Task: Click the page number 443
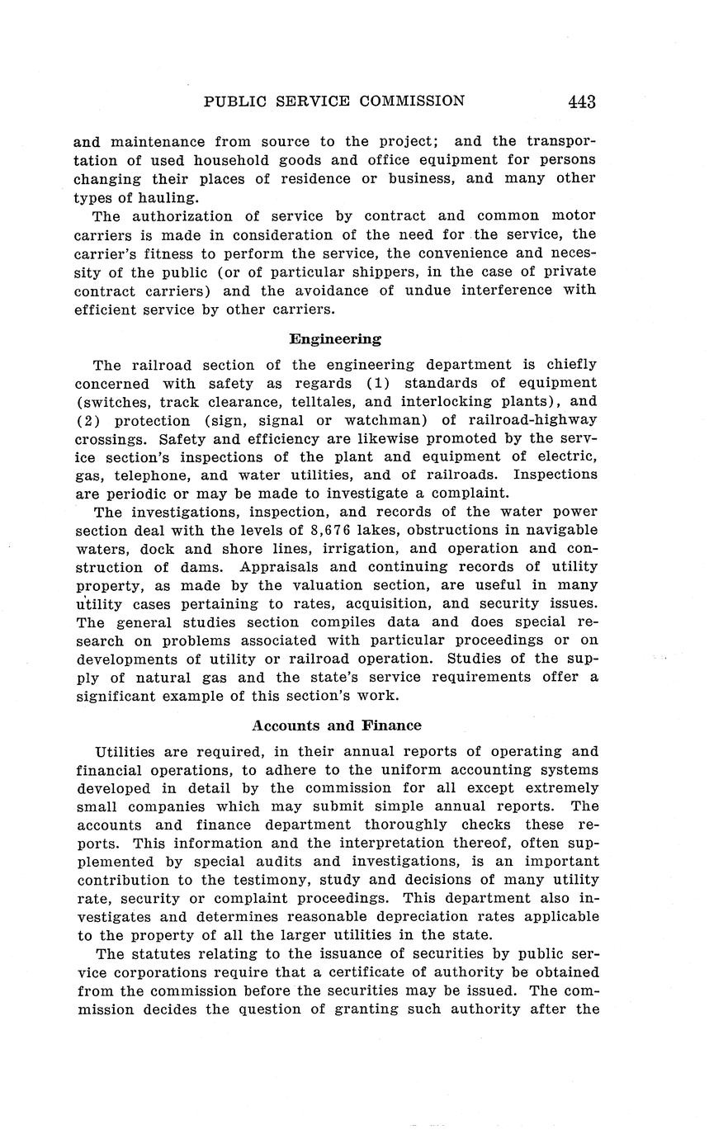[581, 102]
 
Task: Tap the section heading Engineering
[335, 338]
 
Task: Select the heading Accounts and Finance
[336, 725]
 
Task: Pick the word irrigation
[387, 548]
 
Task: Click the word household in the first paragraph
[234, 159]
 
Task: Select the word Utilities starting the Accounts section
[128, 752]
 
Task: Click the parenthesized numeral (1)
[379, 384]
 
